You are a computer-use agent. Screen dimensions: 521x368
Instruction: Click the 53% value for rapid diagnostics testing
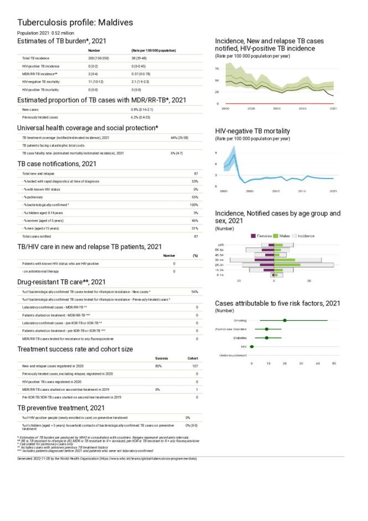coord(195,181)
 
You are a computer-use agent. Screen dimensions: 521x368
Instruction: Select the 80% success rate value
coord(158,366)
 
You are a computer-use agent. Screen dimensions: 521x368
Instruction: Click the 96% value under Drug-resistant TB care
coord(195,291)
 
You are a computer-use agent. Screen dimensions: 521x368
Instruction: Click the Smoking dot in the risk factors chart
coord(284,320)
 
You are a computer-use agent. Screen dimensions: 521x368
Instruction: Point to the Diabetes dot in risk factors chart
coord(267,338)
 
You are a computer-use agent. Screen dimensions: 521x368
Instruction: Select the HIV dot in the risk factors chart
coord(252,346)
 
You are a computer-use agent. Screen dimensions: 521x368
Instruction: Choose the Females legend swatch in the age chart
coord(254,236)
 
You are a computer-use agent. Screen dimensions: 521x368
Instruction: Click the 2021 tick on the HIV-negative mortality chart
coord(333,191)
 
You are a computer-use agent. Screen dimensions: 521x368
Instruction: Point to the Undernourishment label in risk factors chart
coord(233,355)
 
